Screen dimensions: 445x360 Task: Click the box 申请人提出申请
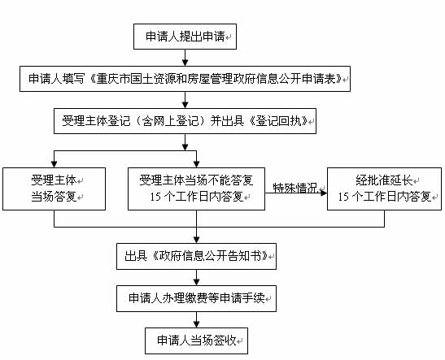coord(185,37)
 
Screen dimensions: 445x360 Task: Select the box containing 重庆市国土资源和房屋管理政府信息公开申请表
coord(185,79)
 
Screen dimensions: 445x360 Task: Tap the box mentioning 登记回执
coord(185,121)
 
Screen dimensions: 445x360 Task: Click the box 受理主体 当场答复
coord(54,189)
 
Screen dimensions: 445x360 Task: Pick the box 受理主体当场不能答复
coord(196,189)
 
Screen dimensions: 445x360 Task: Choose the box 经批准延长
coord(384,189)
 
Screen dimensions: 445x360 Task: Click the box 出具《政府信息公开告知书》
coord(196,256)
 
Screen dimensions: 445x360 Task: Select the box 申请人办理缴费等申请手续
coord(196,298)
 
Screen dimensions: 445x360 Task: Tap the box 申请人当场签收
coord(196,340)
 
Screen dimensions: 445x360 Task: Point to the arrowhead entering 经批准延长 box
coord(324,193)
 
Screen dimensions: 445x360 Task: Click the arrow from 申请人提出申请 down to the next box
coord(185,58)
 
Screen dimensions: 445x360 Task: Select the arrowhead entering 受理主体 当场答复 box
coord(54,164)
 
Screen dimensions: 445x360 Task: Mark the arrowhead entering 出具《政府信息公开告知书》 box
coord(196,240)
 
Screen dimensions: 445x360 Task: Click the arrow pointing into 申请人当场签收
coord(196,319)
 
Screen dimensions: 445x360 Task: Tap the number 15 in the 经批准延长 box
coord(343,197)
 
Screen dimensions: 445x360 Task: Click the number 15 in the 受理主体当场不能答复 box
coord(155,197)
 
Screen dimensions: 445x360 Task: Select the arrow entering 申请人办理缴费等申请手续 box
coord(196,277)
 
